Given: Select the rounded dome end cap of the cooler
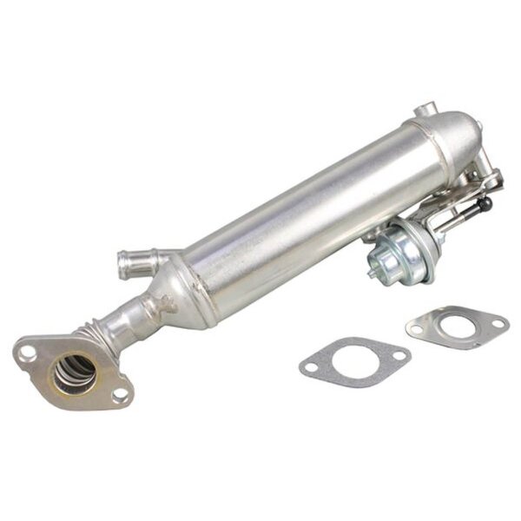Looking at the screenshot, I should click(465, 139).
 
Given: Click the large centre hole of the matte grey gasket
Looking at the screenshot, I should click(354, 357).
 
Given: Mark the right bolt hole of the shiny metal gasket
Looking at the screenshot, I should click(498, 324).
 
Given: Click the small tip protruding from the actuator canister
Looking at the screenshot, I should click(373, 270).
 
